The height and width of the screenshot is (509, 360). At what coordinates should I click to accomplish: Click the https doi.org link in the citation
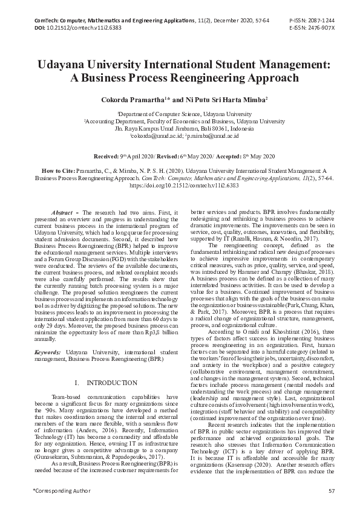[x=180, y=187]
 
